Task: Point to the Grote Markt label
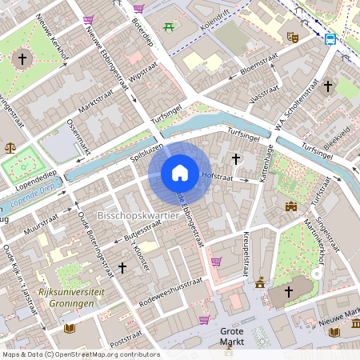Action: (232, 336)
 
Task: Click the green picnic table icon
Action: (170, 28)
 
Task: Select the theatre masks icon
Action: (294, 36)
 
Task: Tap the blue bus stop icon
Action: (330, 38)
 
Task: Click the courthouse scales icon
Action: (10, 147)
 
